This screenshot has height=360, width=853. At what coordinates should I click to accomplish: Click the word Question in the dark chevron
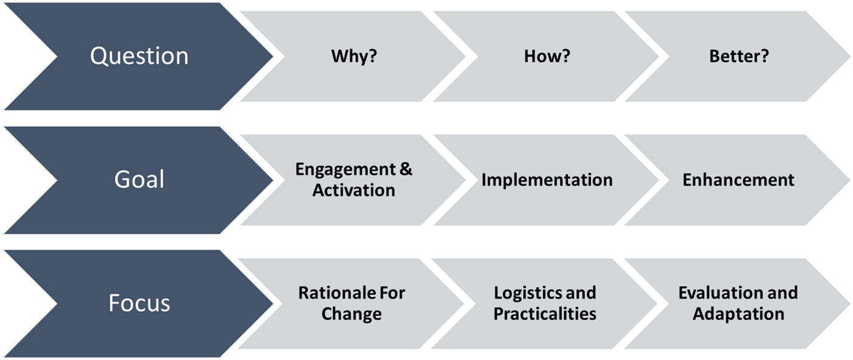(x=140, y=56)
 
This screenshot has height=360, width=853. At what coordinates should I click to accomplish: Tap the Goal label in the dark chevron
(x=140, y=179)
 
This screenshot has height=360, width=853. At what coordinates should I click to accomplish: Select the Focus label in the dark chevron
(x=140, y=303)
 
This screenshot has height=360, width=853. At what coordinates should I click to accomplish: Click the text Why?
(x=354, y=56)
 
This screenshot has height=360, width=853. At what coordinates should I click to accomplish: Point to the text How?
(x=547, y=56)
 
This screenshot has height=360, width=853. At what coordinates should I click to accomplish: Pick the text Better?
(x=738, y=56)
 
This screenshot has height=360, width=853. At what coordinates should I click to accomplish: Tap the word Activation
(x=354, y=190)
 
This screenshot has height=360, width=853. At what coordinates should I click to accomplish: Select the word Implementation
(x=547, y=180)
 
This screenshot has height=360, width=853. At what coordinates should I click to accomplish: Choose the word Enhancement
(x=738, y=180)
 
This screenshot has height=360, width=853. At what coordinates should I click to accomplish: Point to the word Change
(x=352, y=314)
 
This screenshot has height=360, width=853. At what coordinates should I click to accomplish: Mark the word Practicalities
(x=545, y=314)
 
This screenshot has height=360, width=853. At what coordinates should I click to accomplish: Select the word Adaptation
(x=738, y=314)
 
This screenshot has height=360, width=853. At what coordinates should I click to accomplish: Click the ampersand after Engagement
(x=406, y=169)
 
